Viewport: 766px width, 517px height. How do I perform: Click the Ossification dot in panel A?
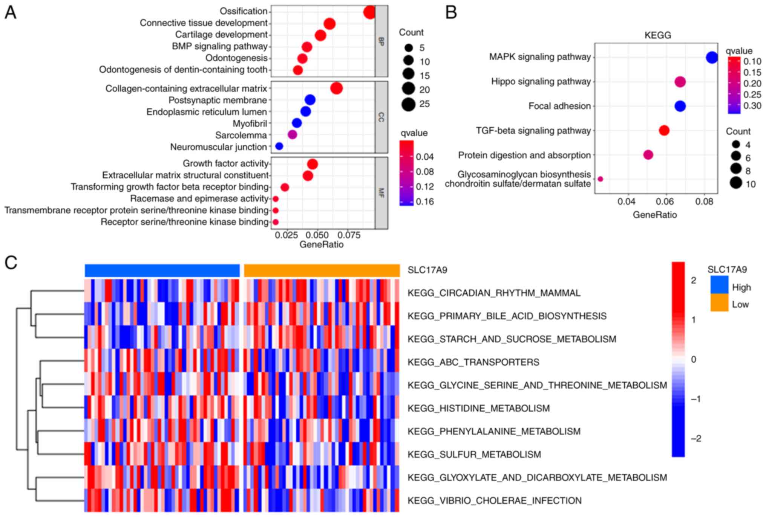[369, 12]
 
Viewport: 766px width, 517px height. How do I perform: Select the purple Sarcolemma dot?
[292, 135]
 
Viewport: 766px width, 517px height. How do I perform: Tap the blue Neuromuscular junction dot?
[279, 146]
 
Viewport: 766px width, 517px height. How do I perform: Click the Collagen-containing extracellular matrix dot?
[336, 88]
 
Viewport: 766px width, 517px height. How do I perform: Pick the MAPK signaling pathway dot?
[712, 58]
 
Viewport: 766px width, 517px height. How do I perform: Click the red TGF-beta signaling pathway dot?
[664, 131]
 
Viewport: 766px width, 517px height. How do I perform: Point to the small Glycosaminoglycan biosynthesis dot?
[601, 179]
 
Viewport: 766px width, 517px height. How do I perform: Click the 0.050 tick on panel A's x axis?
[317, 235]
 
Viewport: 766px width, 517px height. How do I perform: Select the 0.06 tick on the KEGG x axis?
[665, 202]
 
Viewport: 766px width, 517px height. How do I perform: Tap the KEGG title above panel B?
[658, 35]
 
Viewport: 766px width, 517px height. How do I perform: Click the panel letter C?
[11, 263]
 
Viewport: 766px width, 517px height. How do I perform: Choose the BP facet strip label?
[381, 41]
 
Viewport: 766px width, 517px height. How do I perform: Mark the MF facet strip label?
[381, 193]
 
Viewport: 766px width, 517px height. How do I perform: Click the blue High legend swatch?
[719, 285]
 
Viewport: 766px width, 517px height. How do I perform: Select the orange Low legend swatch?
[719, 303]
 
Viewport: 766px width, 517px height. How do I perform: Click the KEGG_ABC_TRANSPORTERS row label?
[473, 362]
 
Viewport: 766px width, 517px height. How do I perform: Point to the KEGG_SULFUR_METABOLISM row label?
[474, 454]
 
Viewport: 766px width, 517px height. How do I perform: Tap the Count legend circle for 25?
[408, 104]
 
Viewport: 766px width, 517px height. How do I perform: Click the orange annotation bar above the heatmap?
[322, 271]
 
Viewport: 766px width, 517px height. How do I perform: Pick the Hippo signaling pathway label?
[541, 82]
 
